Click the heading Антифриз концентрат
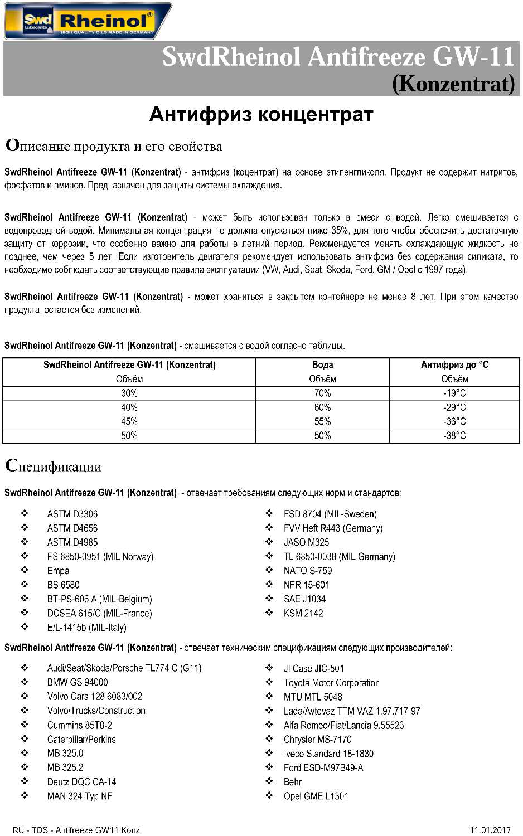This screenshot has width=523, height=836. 261,114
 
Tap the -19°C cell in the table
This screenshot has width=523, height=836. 454,393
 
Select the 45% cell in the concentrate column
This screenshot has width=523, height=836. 129,421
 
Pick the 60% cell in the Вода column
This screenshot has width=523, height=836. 322,407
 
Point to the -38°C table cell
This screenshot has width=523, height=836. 454,436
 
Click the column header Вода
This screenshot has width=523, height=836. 322,364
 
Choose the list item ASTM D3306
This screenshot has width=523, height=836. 72,514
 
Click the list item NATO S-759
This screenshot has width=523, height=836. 308,571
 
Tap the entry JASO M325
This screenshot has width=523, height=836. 306,542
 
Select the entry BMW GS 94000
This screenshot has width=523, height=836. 78,682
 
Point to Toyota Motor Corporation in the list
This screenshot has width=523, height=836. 331,683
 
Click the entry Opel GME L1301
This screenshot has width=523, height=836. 316,796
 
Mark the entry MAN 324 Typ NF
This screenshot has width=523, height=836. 80,796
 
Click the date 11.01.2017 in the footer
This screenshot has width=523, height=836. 490,830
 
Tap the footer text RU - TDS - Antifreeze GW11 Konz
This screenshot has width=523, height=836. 76,830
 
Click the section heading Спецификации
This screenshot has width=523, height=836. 54,466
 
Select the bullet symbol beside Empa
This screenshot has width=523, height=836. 25,570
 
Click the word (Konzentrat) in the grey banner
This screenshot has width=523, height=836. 453,84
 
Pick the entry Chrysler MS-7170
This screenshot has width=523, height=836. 317,740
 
